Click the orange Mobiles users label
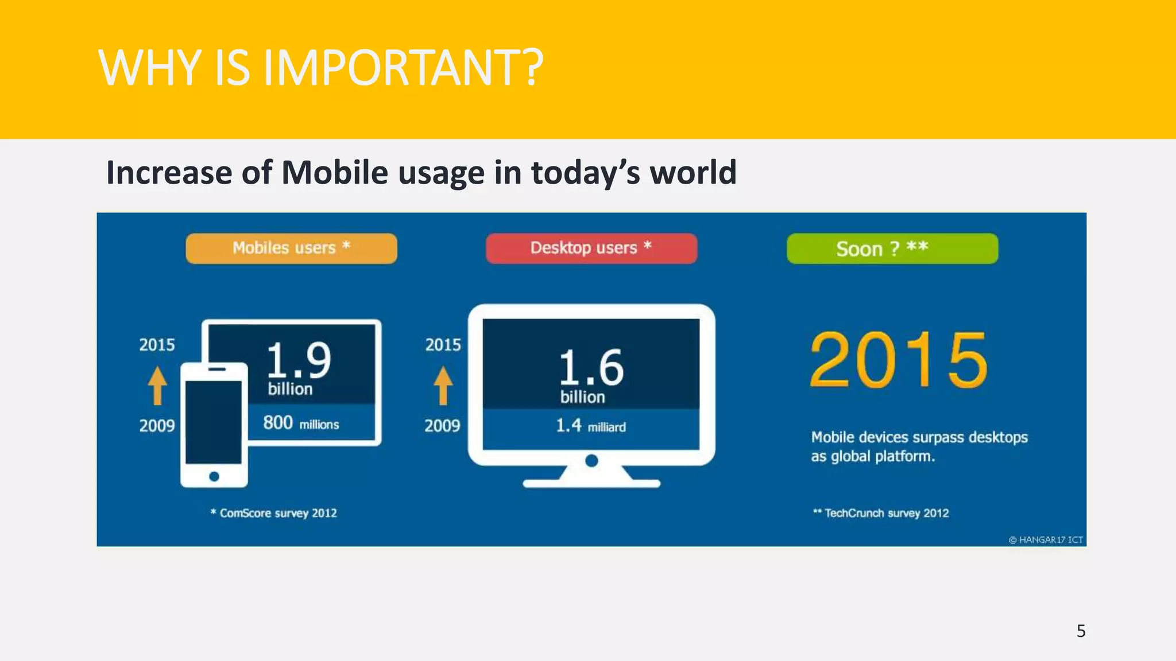tap(291, 248)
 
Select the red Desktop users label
tap(591, 248)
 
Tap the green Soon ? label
tap(892, 248)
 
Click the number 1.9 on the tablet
tap(299, 360)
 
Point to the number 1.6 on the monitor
tap(591, 367)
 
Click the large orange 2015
tap(899, 360)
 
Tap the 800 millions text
tap(301, 423)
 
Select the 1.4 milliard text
tap(590, 426)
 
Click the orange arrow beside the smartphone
tap(157, 386)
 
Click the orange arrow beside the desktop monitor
tap(443, 386)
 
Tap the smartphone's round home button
tap(214, 476)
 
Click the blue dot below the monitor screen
tap(591, 461)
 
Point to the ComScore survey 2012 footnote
tap(274, 513)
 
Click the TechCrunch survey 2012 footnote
tap(881, 513)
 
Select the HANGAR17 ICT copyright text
tap(1046, 540)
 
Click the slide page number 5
tap(1081, 631)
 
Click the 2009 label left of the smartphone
tap(157, 426)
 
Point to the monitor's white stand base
tap(591, 483)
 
